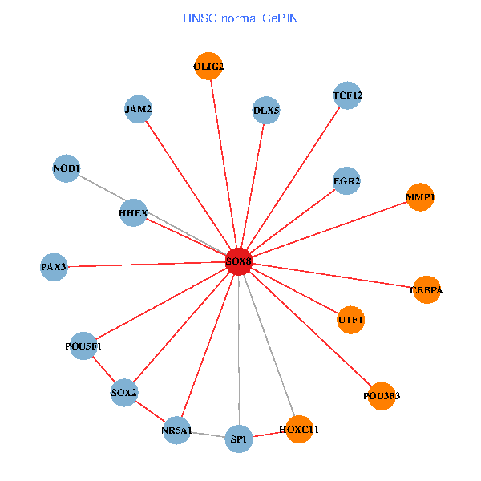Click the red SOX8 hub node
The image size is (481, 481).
pos(239,261)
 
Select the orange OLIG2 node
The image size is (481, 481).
pos(208,67)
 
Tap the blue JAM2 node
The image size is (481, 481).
pos(139,109)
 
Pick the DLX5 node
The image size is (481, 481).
pos(266,110)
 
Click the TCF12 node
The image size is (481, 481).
pos(347,96)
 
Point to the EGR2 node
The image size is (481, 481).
pos(346,181)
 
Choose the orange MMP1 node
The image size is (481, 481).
pos(420,197)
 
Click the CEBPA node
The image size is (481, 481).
pos(426,289)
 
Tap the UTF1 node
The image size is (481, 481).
pos(351,321)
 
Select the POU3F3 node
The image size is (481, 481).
pos(382,395)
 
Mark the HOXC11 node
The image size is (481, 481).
pos(299,430)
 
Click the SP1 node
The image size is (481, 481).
pos(239,439)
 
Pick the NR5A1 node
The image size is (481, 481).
pos(176,430)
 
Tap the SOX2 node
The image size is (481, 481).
pos(124,393)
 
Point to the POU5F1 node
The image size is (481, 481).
pos(83,346)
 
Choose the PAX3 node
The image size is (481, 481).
pos(54,266)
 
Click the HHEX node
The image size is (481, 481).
pos(133,213)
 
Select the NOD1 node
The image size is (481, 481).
pos(66,168)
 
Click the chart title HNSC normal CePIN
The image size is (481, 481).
pos(240,18)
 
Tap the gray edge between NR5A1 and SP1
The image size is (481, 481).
pos(208,435)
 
